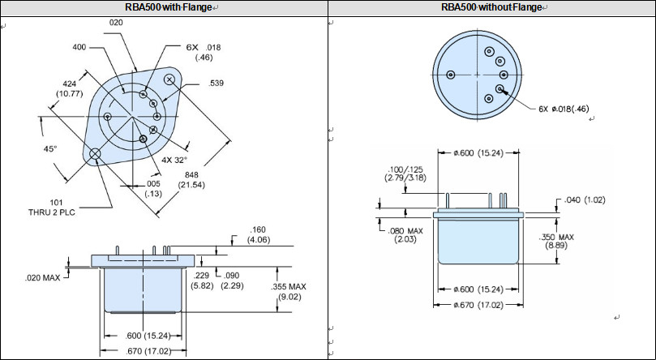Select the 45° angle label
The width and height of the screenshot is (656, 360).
tap(50, 149)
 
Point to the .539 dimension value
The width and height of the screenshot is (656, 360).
tap(217, 84)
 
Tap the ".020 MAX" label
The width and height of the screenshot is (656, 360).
tap(41, 278)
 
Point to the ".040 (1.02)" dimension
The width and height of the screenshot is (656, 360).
tap(584, 199)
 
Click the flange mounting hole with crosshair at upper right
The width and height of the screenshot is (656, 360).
tap(170, 79)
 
